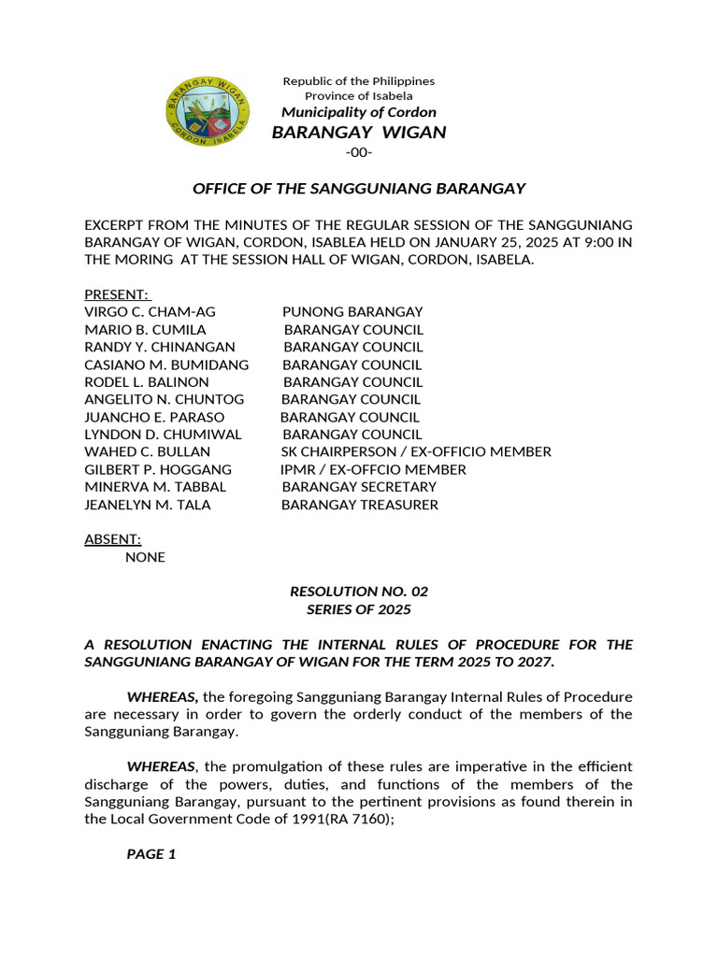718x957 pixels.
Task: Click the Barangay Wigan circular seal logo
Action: point(208,113)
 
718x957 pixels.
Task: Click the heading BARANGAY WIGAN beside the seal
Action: point(359,133)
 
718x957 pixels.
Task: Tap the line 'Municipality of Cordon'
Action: point(359,112)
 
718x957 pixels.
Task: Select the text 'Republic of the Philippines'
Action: point(359,81)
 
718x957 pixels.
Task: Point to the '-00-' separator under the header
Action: point(358,152)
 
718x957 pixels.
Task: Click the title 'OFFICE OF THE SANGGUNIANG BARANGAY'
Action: point(359,189)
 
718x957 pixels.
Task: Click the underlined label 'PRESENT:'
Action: point(117,294)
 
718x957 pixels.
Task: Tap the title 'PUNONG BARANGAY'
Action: point(352,312)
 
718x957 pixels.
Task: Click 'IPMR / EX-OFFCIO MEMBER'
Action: point(373,470)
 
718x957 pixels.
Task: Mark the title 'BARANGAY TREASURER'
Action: point(359,505)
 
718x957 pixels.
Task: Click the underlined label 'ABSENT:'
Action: point(113,539)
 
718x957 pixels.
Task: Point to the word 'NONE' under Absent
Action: point(145,557)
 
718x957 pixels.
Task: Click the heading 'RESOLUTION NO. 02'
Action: point(359,592)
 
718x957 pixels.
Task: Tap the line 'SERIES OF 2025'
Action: point(359,609)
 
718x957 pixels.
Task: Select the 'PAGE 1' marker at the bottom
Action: point(151,854)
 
